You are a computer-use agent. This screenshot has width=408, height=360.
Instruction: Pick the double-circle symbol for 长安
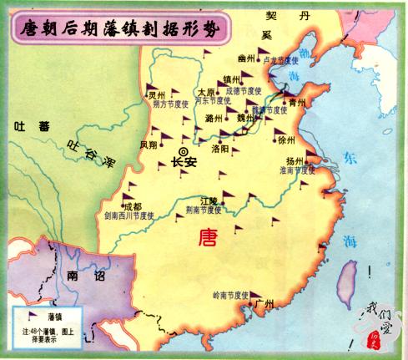184,150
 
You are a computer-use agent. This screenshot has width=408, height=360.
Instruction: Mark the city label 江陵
208,200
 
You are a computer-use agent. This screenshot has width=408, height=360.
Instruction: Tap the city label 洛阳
220,147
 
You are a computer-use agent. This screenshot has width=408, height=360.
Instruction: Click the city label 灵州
156,95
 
